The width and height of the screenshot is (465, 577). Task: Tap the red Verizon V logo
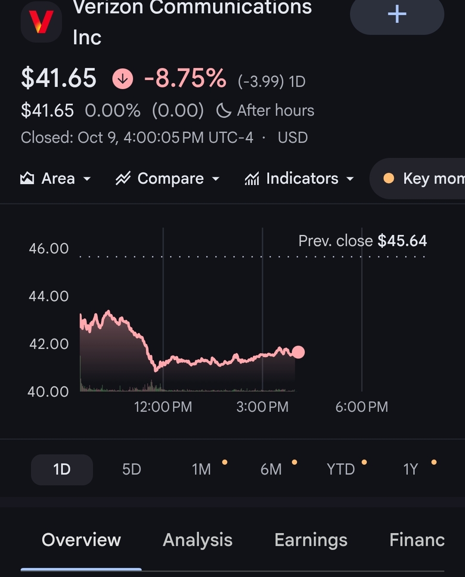pyautogui.click(x=41, y=22)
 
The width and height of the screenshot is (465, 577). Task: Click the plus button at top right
pyautogui.click(x=397, y=14)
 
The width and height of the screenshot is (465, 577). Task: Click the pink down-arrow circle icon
pyautogui.click(x=123, y=79)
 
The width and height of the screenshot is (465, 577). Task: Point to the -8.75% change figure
pyautogui.click(x=186, y=78)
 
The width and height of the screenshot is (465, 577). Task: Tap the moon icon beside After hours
pyautogui.click(x=223, y=111)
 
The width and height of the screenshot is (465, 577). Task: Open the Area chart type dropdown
pyautogui.click(x=56, y=179)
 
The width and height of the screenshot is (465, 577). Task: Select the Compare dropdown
pyautogui.click(x=167, y=179)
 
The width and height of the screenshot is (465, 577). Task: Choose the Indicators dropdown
pyautogui.click(x=299, y=179)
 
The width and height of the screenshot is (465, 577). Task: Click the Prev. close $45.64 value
pyautogui.click(x=402, y=241)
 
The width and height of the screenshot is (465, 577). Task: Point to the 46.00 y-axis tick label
pyautogui.click(x=49, y=249)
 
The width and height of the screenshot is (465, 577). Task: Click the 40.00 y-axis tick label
pyautogui.click(x=48, y=392)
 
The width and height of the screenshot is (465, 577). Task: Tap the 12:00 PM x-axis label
pyautogui.click(x=163, y=407)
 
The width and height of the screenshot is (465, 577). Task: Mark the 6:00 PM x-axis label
pyautogui.click(x=362, y=407)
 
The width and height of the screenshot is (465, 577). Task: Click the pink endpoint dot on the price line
pyautogui.click(x=298, y=352)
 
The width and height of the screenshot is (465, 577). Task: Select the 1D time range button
pyautogui.click(x=62, y=469)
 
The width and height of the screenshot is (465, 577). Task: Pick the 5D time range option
pyautogui.click(x=131, y=469)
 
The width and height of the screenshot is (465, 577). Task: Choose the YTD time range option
pyautogui.click(x=341, y=469)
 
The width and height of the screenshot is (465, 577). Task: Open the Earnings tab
pyautogui.click(x=311, y=540)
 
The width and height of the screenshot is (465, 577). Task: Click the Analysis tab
pyautogui.click(x=198, y=540)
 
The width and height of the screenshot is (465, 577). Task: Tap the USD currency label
pyautogui.click(x=293, y=138)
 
